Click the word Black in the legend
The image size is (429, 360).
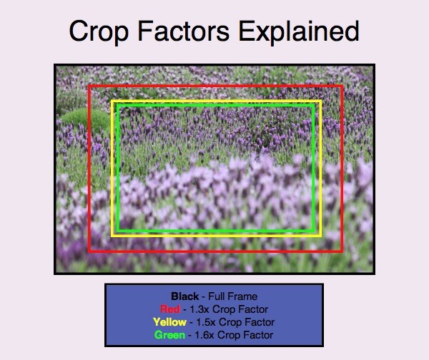[x=184, y=296]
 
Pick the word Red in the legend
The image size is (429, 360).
[x=170, y=309]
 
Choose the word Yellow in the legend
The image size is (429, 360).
[x=169, y=322]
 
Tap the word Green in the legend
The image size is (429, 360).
[x=169, y=335]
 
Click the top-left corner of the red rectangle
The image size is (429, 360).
[x=89, y=86]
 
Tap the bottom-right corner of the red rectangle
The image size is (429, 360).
[x=342, y=251]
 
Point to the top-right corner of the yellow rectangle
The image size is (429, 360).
[x=321, y=101]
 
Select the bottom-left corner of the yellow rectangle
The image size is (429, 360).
[x=112, y=235]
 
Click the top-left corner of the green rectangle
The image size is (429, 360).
[x=117, y=106]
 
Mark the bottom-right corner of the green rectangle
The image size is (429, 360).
[x=315, y=231]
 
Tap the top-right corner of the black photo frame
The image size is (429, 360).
[x=374, y=65]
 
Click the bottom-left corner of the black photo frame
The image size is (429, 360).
[x=55, y=273]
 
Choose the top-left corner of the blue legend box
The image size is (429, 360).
[x=106, y=284]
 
